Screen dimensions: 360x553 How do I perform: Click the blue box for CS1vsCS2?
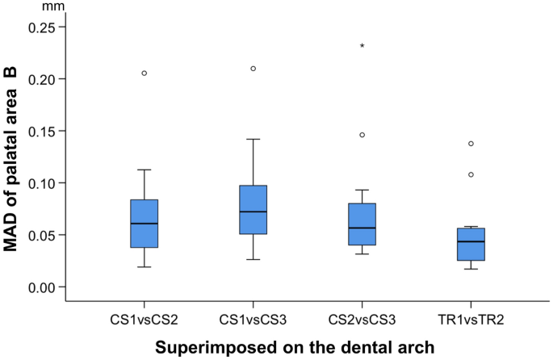coord(144,224)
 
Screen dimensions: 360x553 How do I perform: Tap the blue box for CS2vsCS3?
coord(362,224)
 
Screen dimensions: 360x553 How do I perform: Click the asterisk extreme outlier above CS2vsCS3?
coord(362,47)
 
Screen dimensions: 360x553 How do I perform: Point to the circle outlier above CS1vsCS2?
coord(144,73)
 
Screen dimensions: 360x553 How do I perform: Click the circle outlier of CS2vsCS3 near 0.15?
coord(362,135)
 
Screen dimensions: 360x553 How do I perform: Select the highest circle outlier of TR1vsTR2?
coord(471,144)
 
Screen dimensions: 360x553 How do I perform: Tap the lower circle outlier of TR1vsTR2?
coord(471,174)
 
